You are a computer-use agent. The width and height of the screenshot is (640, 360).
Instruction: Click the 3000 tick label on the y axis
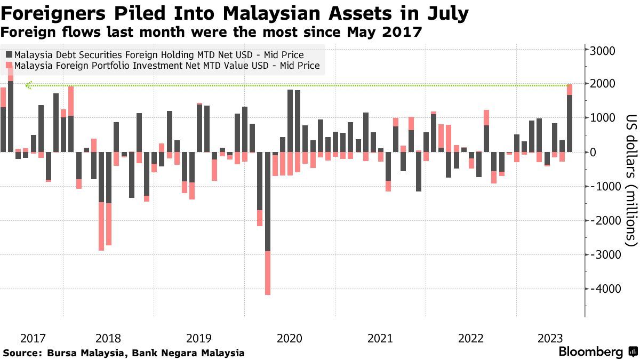click(x=603, y=51)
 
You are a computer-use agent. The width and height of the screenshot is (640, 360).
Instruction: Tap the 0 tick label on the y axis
click(x=592, y=152)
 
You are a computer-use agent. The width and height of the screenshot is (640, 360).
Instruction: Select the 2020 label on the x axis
click(x=290, y=338)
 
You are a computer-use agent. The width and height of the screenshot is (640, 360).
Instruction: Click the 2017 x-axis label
click(x=33, y=338)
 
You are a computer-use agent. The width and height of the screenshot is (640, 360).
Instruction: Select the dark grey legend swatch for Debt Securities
click(x=9, y=54)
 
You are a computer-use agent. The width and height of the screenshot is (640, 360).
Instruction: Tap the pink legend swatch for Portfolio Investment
click(x=9, y=66)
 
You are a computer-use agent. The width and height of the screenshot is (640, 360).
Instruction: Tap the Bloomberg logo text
click(x=590, y=352)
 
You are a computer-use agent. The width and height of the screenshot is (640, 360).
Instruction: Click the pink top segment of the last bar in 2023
click(x=570, y=90)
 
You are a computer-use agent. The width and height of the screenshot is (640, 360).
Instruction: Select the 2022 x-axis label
click(x=471, y=338)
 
